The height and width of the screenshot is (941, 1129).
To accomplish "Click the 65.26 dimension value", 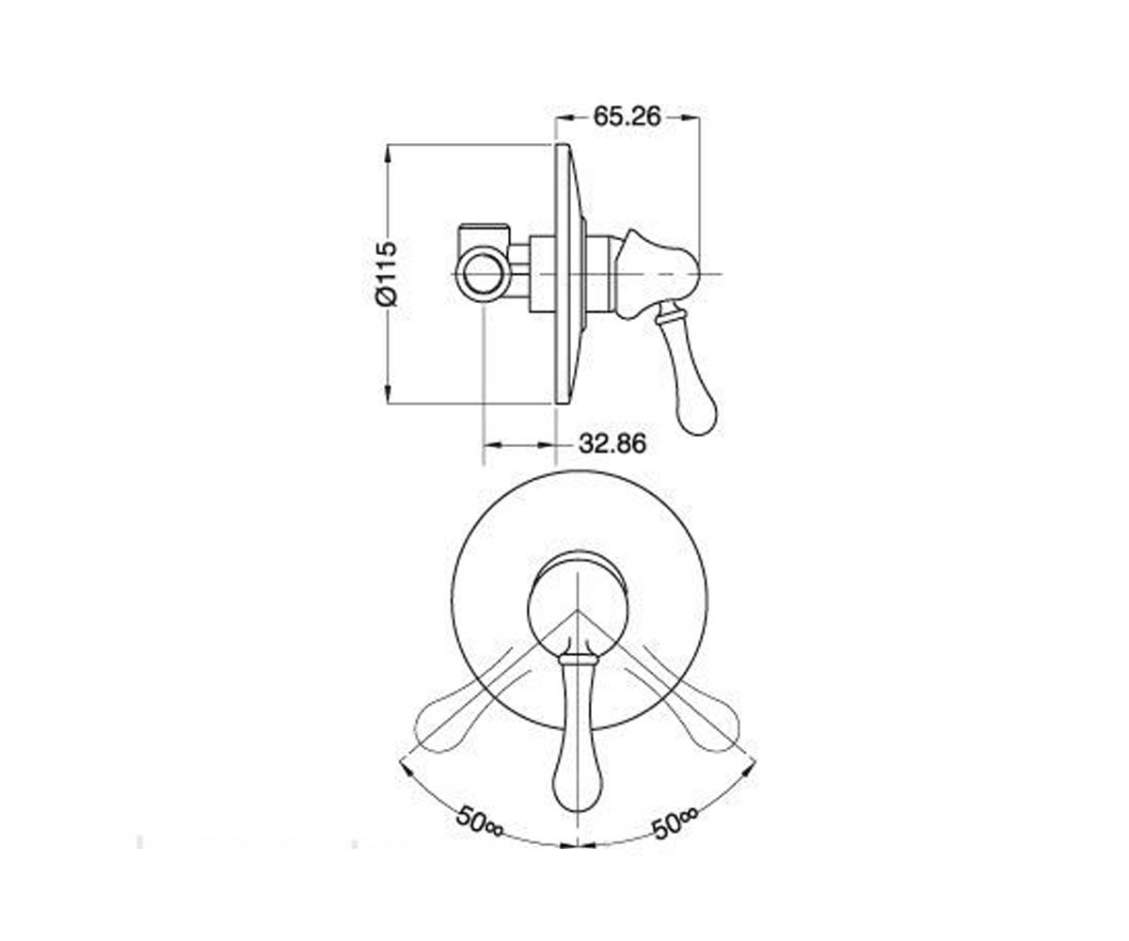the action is pyautogui.click(x=627, y=117).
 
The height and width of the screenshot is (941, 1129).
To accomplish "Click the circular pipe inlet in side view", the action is pyautogui.click(x=484, y=274).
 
